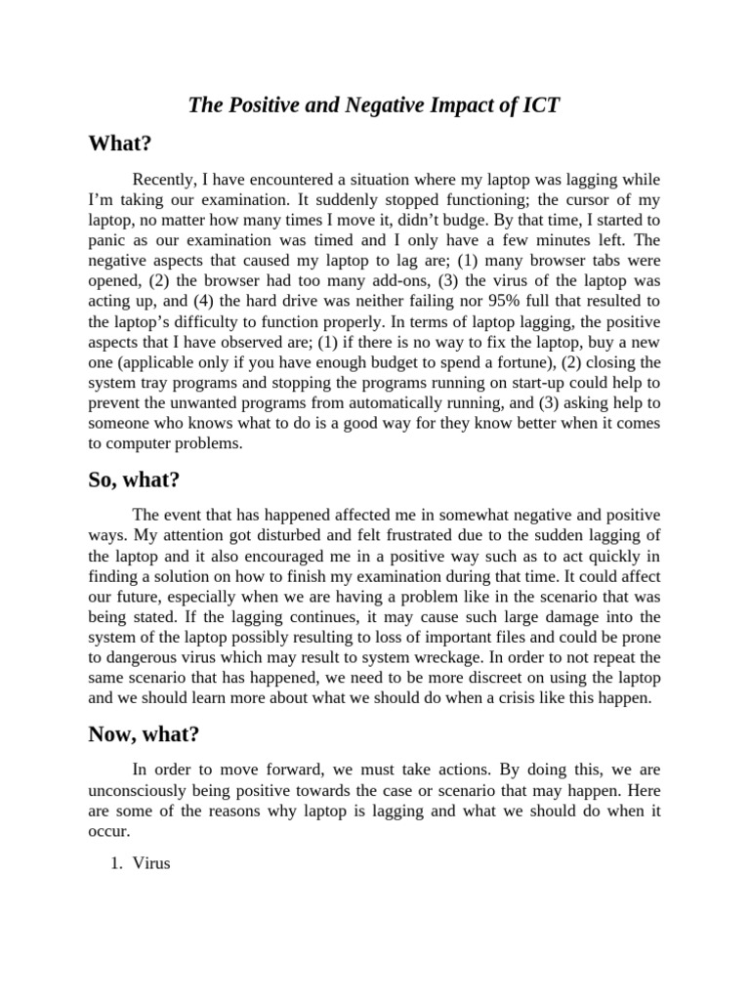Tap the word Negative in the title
(387, 105)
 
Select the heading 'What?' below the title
(119, 144)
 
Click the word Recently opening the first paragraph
(165, 180)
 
